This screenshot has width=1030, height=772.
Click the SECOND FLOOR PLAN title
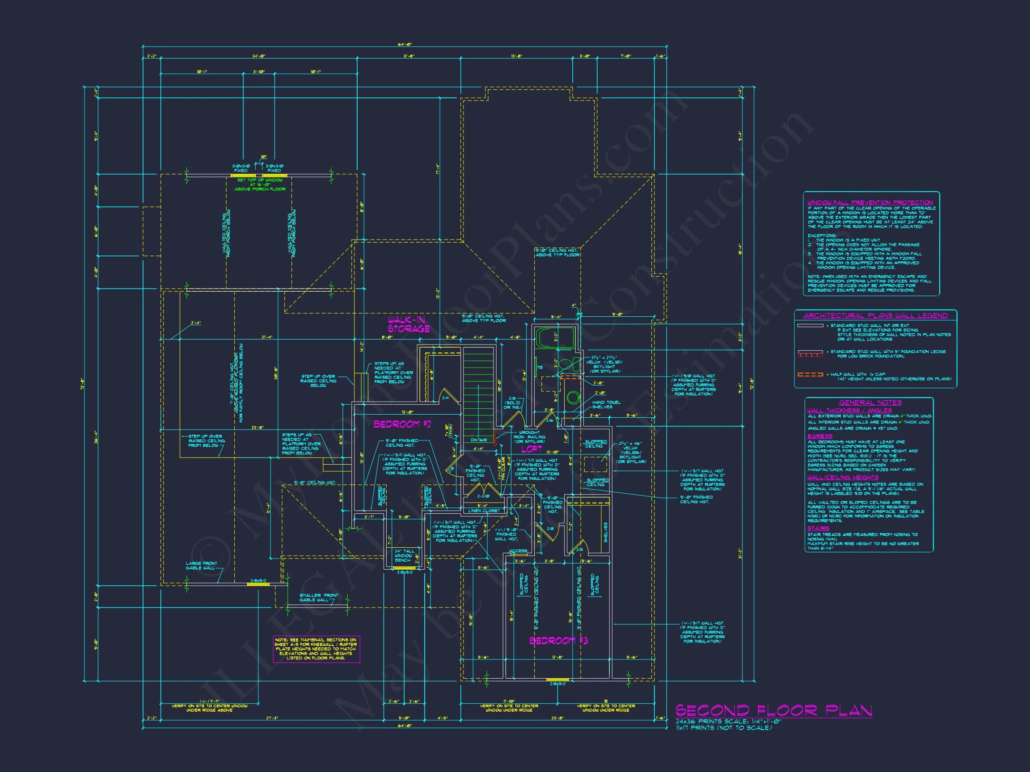pyautogui.click(x=773, y=711)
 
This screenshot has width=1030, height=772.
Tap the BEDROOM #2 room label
pyautogui.click(x=402, y=424)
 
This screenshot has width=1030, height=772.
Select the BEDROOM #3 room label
pyautogui.click(x=558, y=641)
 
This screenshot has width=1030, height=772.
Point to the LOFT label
pyautogui.click(x=531, y=449)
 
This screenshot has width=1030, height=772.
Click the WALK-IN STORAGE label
pyautogui.click(x=408, y=324)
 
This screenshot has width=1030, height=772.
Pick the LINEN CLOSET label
pyautogui.click(x=484, y=511)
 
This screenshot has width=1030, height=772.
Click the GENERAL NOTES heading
pyautogui.click(x=870, y=403)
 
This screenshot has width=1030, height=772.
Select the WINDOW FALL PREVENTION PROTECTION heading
pyautogui.click(x=870, y=202)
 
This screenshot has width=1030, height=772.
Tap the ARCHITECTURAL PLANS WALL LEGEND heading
pyautogui.click(x=875, y=315)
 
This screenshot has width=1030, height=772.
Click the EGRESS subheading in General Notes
pyautogui.click(x=819, y=436)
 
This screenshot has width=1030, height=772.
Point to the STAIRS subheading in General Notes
pyautogui.click(x=818, y=529)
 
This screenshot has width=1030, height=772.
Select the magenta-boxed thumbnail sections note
pyautogui.click(x=316, y=649)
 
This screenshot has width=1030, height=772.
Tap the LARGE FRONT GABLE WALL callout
pyautogui.click(x=201, y=566)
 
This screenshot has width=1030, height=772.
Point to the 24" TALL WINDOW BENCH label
pyautogui.click(x=404, y=556)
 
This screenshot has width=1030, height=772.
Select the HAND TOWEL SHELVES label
pyautogui.click(x=606, y=404)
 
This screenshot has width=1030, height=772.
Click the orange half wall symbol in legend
pyautogui.click(x=810, y=374)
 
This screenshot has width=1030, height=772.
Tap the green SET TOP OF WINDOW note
pyautogui.click(x=260, y=184)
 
